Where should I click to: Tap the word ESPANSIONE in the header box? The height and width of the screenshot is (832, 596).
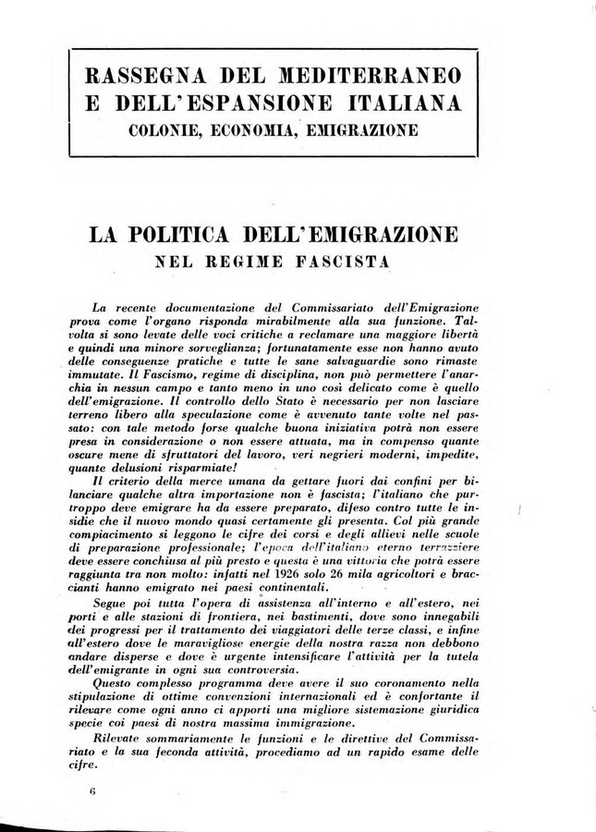pos(281,101)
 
